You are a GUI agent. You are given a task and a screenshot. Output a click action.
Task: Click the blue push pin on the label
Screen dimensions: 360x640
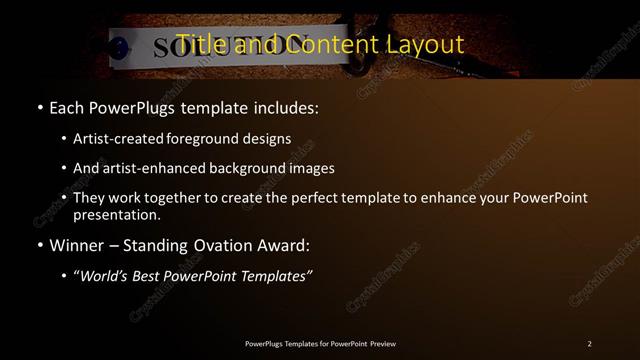tap(121, 46)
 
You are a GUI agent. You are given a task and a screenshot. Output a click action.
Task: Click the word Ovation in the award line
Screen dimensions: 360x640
tap(212, 243)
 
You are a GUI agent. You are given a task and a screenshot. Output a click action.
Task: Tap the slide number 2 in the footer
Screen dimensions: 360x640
tap(589, 343)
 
